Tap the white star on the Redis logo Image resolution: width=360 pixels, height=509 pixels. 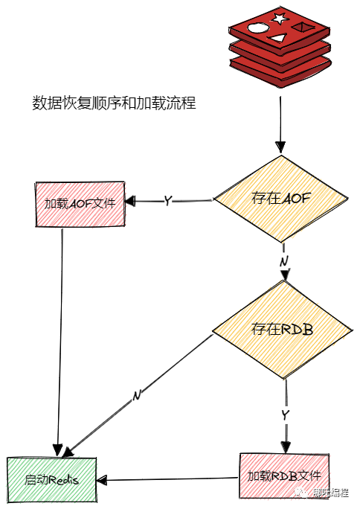click(279, 19)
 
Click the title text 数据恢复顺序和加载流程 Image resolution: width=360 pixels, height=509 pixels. click(114, 103)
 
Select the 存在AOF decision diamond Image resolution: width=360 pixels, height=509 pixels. click(280, 199)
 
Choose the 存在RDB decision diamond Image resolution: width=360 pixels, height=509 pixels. click(281, 329)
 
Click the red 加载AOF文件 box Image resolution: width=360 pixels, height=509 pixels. click(80, 202)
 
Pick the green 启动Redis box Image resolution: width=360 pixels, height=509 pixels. click(52, 479)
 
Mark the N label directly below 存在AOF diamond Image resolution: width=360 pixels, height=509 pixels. click(283, 262)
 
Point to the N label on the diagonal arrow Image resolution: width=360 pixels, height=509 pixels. click(137, 395)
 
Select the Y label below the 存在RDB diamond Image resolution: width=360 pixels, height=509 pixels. click(285, 413)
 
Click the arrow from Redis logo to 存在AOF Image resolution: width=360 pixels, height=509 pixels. click(280, 119)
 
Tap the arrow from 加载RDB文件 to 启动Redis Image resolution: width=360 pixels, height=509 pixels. click(171, 478)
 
